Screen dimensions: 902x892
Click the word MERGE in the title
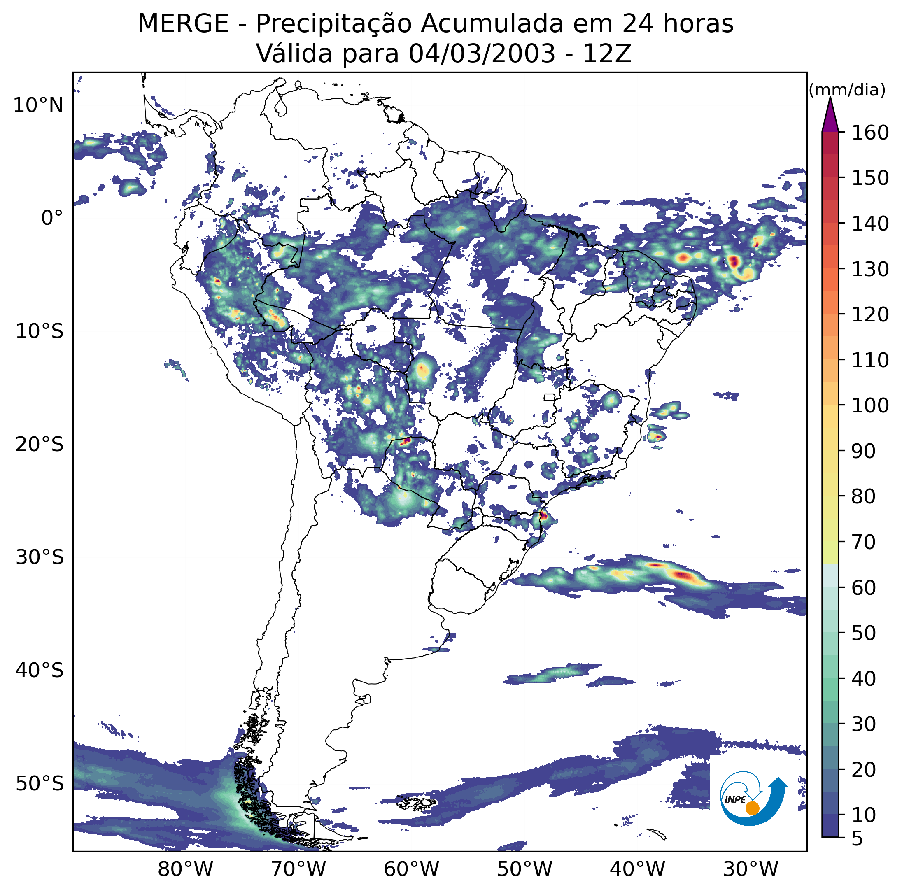pos(183,24)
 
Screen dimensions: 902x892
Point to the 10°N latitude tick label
pos(38,105)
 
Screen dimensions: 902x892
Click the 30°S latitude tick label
pos(39,557)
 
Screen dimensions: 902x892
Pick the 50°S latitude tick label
pos(39,784)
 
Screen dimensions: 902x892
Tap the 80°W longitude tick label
pos(185,869)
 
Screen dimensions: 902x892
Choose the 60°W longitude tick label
pos(411,869)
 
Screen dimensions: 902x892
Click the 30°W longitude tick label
pos(751,869)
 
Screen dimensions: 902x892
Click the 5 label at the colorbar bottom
pos(858,839)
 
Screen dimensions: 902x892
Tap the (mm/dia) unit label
pos(847,90)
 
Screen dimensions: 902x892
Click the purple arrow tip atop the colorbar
pos(830,98)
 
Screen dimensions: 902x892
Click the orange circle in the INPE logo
pos(752,808)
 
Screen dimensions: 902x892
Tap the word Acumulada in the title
pos(492,24)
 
